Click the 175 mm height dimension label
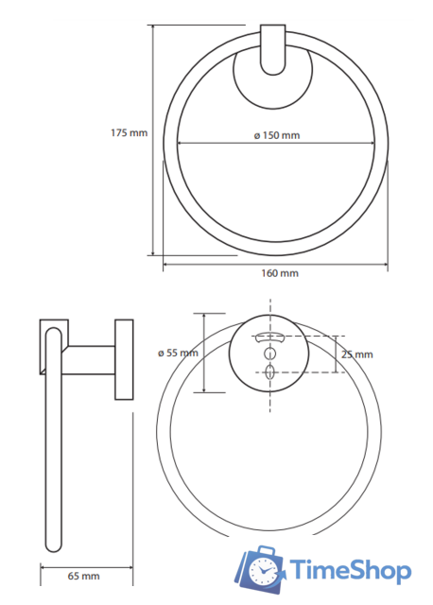[x=129, y=132]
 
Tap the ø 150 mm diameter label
[x=277, y=135]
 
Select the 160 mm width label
[x=280, y=273]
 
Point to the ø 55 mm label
[x=178, y=353]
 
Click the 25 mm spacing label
[x=357, y=354]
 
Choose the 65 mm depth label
[x=83, y=576]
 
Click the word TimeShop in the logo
[x=350, y=570]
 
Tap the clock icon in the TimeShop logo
[x=262, y=571]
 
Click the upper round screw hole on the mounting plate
[x=269, y=353]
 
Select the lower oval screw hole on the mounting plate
[x=269, y=372]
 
